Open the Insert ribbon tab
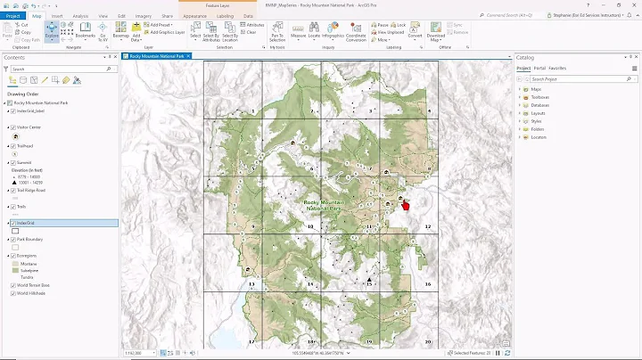point(57,16)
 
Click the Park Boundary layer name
point(32,240)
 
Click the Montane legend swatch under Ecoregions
point(14,265)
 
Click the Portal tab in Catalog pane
point(539,68)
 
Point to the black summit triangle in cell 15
point(369,279)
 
